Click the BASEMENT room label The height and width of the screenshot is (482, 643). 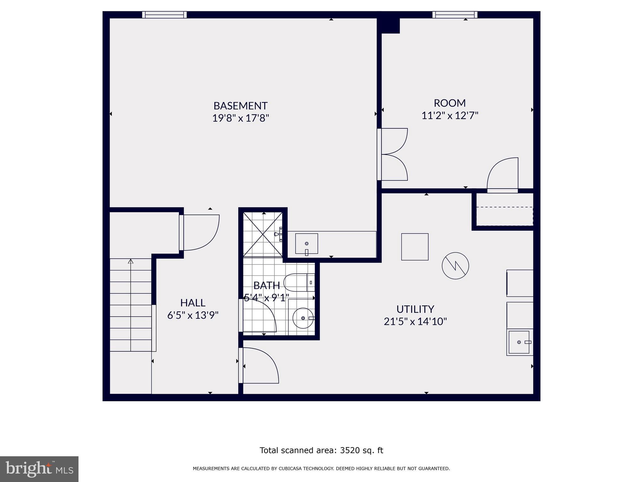click(x=240, y=105)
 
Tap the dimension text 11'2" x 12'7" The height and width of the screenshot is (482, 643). click(x=450, y=116)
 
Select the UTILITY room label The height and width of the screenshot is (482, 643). click(x=415, y=309)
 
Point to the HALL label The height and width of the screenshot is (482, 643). click(x=193, y=303)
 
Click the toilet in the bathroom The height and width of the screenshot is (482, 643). click(x=298, y=282)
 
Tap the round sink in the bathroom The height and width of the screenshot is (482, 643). click(x=303, y=318)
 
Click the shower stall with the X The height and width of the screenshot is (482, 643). click(x=263, y=234)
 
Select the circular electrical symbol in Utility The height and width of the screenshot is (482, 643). click(x=455, y=266)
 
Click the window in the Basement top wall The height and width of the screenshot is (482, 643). click(x=164, y=15)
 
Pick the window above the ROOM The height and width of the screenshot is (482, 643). click(x=455, y=15)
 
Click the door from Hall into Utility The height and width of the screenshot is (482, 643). click(x=259, y=366)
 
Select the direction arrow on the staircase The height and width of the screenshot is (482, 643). click(x=131, y=261)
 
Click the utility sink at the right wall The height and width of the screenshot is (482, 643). click(x=520, y=342)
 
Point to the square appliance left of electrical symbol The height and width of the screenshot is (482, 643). click(x=415, y=247)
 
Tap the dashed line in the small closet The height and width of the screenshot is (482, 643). click(x=505, y=207)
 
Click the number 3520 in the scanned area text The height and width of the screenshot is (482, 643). click(x=349, y=450)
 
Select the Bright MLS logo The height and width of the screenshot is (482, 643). click(x=39, y=469)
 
